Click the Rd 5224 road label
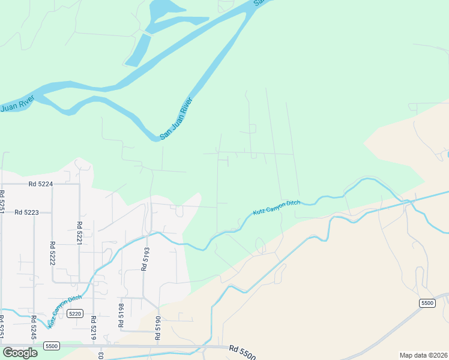(40, 185)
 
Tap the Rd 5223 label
(26, 212)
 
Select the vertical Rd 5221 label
(79, 233)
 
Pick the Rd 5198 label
(121, 316)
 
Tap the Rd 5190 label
(158, 328)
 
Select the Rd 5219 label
(93, 328)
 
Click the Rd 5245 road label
(34, 328)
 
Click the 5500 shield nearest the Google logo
(52, 346)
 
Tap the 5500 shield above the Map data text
(427, 304)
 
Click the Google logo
(20, 352)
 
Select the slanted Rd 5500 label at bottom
(243, 352)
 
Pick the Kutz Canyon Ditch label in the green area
(276, 208)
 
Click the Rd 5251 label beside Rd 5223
(2, 204)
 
